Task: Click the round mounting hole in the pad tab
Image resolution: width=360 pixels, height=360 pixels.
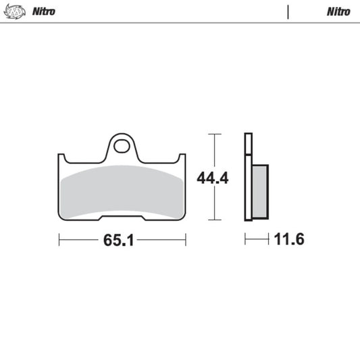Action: click(x=122, y=146)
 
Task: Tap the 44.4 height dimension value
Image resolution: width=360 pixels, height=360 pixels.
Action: click(x=213, y=179)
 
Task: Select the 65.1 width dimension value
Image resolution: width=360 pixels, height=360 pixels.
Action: click(x=122, y=240)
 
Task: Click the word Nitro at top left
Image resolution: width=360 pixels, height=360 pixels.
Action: click(x=43, y=11)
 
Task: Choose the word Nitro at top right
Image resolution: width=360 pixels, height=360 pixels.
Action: click(x=338, y=11)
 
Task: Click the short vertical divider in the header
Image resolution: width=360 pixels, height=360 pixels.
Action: click(x=288, y=11)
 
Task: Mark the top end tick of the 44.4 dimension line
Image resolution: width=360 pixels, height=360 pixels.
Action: click(x=214, y=134)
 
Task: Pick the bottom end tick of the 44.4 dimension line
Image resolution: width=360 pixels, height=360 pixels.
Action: click(x=214, y=220)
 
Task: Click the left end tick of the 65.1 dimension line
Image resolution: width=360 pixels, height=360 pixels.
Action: click(x=59, y=240)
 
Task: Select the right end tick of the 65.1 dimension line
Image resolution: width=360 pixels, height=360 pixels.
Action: click(x=186, y=240)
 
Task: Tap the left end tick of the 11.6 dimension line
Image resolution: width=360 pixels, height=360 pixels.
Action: click(x=245, y=240)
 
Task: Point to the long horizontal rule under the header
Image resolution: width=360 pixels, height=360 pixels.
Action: click(x=180, y=23)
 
